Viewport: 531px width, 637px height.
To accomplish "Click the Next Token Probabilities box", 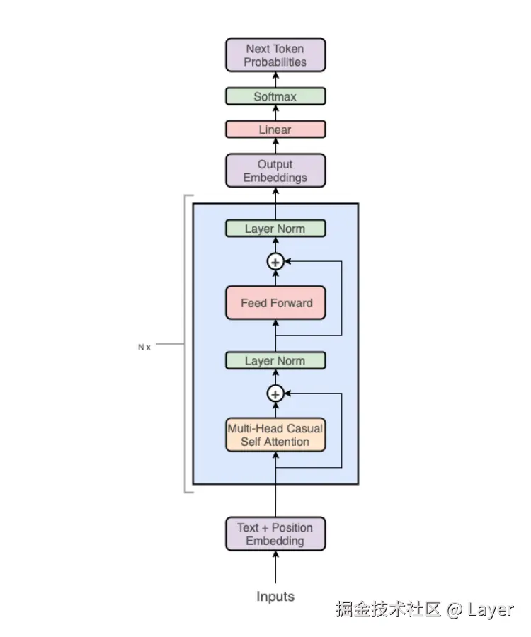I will click(275, 55).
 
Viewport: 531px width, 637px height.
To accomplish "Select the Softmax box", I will click(275, 96).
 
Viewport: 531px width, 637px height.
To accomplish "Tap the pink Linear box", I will click(275, 130).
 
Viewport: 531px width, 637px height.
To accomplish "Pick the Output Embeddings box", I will click(275, 171).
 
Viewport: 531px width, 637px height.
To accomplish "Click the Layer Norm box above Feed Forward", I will click(275, 229).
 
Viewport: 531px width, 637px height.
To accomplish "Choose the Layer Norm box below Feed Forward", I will click(275, 361).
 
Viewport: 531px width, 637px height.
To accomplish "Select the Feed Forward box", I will click(275, 303).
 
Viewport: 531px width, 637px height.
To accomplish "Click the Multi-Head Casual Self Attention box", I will click(275, 435).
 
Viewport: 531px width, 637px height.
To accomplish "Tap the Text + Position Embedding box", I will click(275, 534).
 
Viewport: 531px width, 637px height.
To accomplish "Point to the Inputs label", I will click(275, 596).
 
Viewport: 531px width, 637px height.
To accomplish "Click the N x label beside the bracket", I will click(144, 348).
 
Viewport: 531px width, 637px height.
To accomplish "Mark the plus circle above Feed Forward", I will click(275, 262).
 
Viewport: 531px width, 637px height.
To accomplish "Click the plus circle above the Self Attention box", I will click(275, 394).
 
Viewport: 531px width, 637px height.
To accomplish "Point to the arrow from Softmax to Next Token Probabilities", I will click(275, 79).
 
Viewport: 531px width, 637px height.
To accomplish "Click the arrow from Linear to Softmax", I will click(275, 113).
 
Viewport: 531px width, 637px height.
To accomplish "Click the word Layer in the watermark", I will click(491, 609).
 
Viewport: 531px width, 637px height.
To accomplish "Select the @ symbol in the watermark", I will click(455, 609).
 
